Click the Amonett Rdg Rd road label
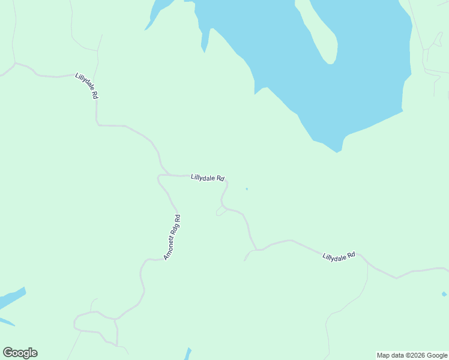point(172,237)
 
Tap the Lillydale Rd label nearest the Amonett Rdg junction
point(207,178)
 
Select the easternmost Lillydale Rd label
point(339,256)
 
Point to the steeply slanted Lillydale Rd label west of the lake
point(86,86)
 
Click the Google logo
point(20,353)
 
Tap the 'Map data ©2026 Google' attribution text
point(412,355)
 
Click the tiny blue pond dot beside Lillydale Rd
point(247,189)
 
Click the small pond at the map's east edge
point(444,294)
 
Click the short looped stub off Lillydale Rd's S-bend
point(220,211)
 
